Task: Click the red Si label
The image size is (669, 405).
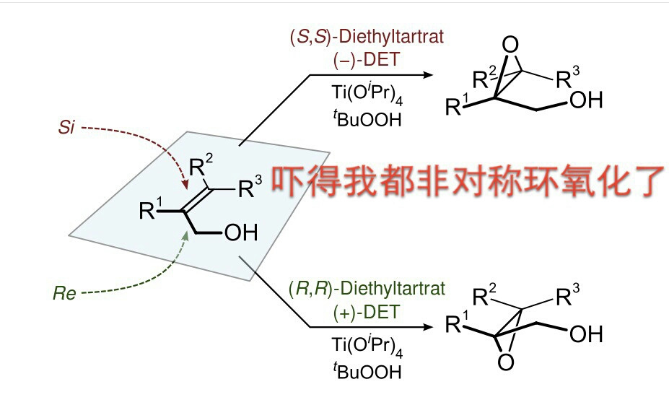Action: tap(66, 127)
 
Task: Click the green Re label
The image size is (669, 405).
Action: tap(64, 293)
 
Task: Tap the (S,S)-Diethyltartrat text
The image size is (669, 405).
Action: tap(367, 37)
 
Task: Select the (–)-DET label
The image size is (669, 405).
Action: tap(367, 59)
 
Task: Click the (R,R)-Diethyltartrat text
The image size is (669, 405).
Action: tap(367, 289)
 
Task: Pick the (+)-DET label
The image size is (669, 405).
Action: tap(367, 312)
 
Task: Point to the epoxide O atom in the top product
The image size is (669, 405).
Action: tap(510, 44)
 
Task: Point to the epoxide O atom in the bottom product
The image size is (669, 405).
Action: tap(506, 362)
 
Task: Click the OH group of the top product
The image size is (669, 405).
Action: tap(586, 100)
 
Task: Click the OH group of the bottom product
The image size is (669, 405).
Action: tap(586, 334)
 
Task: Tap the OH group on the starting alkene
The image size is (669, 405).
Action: tap(241, 232)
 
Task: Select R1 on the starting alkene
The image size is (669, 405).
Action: tap(151, 209)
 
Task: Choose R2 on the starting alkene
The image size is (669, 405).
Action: tap(201, 165)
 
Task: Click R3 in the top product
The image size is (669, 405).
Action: tap(568, 77)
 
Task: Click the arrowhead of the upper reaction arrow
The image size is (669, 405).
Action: tap(427, 75)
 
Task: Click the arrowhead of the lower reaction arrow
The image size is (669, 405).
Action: tap(427, 327)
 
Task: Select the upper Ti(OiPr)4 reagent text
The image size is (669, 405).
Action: tap(367, 93)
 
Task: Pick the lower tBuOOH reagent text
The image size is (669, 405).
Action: tap(367, 370)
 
